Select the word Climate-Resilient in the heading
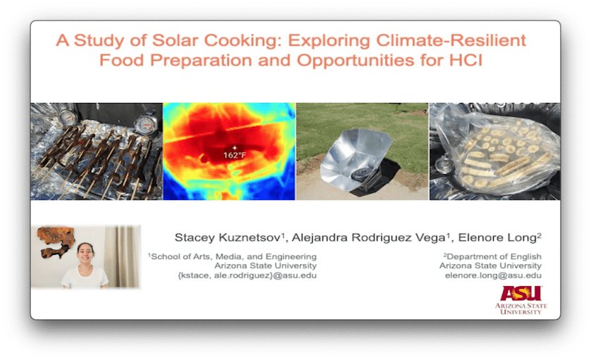[451, 40]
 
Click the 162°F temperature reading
[235, 155]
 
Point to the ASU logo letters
[521, 293]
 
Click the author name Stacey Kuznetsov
[228, 237]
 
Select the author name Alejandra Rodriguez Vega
[369, 237]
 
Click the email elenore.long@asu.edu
[493, 275]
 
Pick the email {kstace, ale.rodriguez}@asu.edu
[247, 275]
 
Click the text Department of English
[494, 256]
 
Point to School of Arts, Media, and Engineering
[234, 256]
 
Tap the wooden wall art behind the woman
[56, 241]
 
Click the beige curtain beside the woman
[122, 256]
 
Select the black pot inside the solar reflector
[361, 174]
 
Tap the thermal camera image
[229, 151]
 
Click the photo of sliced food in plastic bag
[495, 151]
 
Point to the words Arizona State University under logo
[521, 309]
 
